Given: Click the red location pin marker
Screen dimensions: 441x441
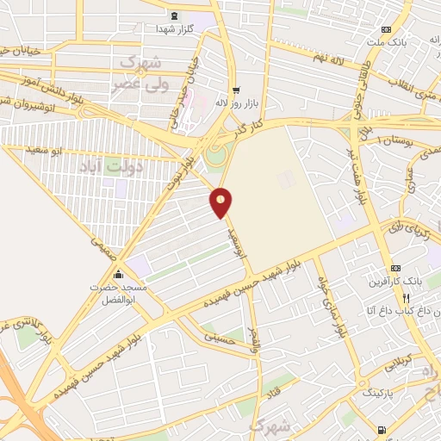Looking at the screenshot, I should (221, 202).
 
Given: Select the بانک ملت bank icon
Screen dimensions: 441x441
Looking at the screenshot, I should (397, 29).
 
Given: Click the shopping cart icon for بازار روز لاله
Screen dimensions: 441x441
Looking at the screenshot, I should (235, 90).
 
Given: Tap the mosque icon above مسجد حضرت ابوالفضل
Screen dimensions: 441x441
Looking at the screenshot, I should (119, 275).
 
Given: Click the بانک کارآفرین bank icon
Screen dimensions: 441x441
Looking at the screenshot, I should (395, 268).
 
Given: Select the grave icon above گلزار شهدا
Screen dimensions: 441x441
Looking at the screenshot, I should (175, 16).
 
